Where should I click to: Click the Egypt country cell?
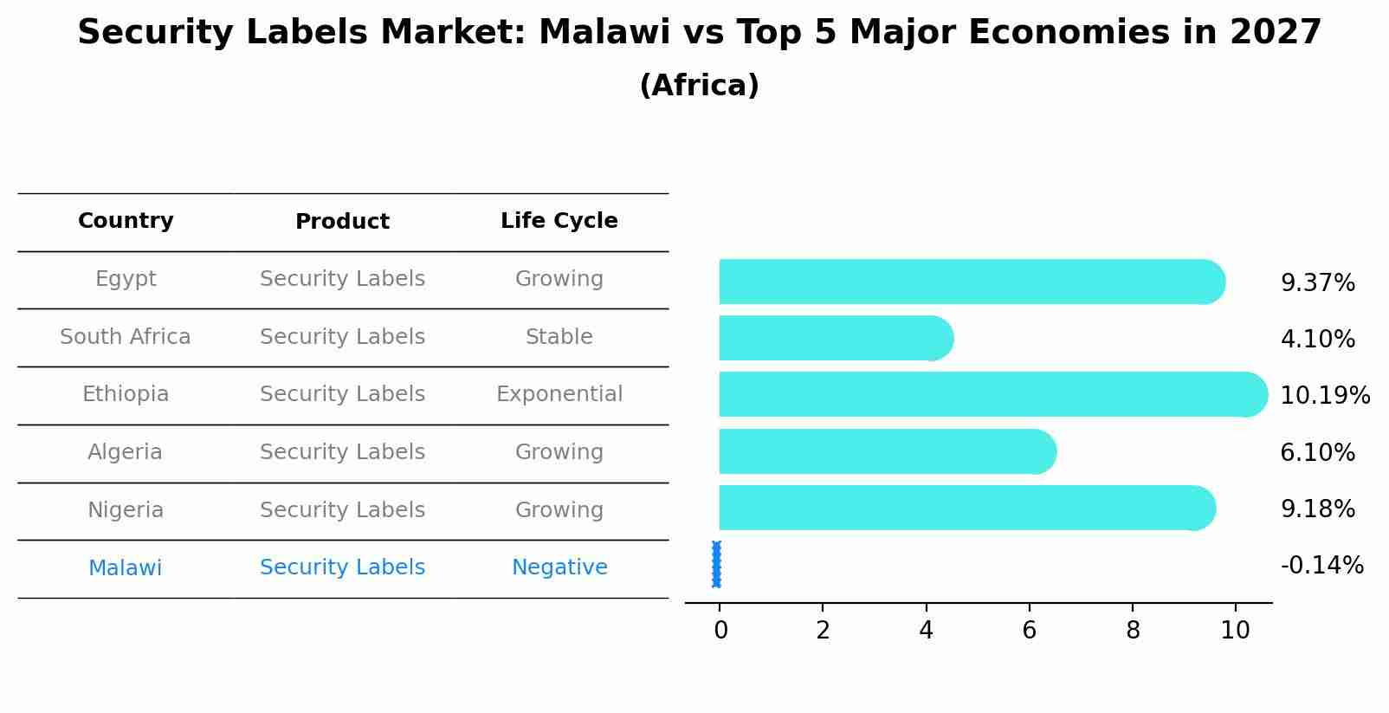[x=126, y=279]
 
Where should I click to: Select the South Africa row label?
[x=126, y=337]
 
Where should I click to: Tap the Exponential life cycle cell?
[x=559, y=394]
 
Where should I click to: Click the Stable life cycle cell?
[x=559, y=337]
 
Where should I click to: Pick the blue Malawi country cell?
[x=126, y=568]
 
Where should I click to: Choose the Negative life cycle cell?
[x=559, y=567]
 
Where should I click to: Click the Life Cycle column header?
[x=559, y=221]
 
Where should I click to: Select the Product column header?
[x=342, y=222]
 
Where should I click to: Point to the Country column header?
[x=126, y=221]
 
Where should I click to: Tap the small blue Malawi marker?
[x=716, y=564]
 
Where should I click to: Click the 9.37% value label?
[x=1317, y=283]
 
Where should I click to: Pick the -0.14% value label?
[x=1321, y=566]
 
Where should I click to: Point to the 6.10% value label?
[x=1317, y=452]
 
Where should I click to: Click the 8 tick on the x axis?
[x=1133, y=631]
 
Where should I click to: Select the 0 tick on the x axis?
[x=720, y=631]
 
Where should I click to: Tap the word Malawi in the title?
[x=604, y=33]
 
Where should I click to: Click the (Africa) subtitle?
[x=699, y=86]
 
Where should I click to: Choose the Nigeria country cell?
[x=126, y=510]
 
